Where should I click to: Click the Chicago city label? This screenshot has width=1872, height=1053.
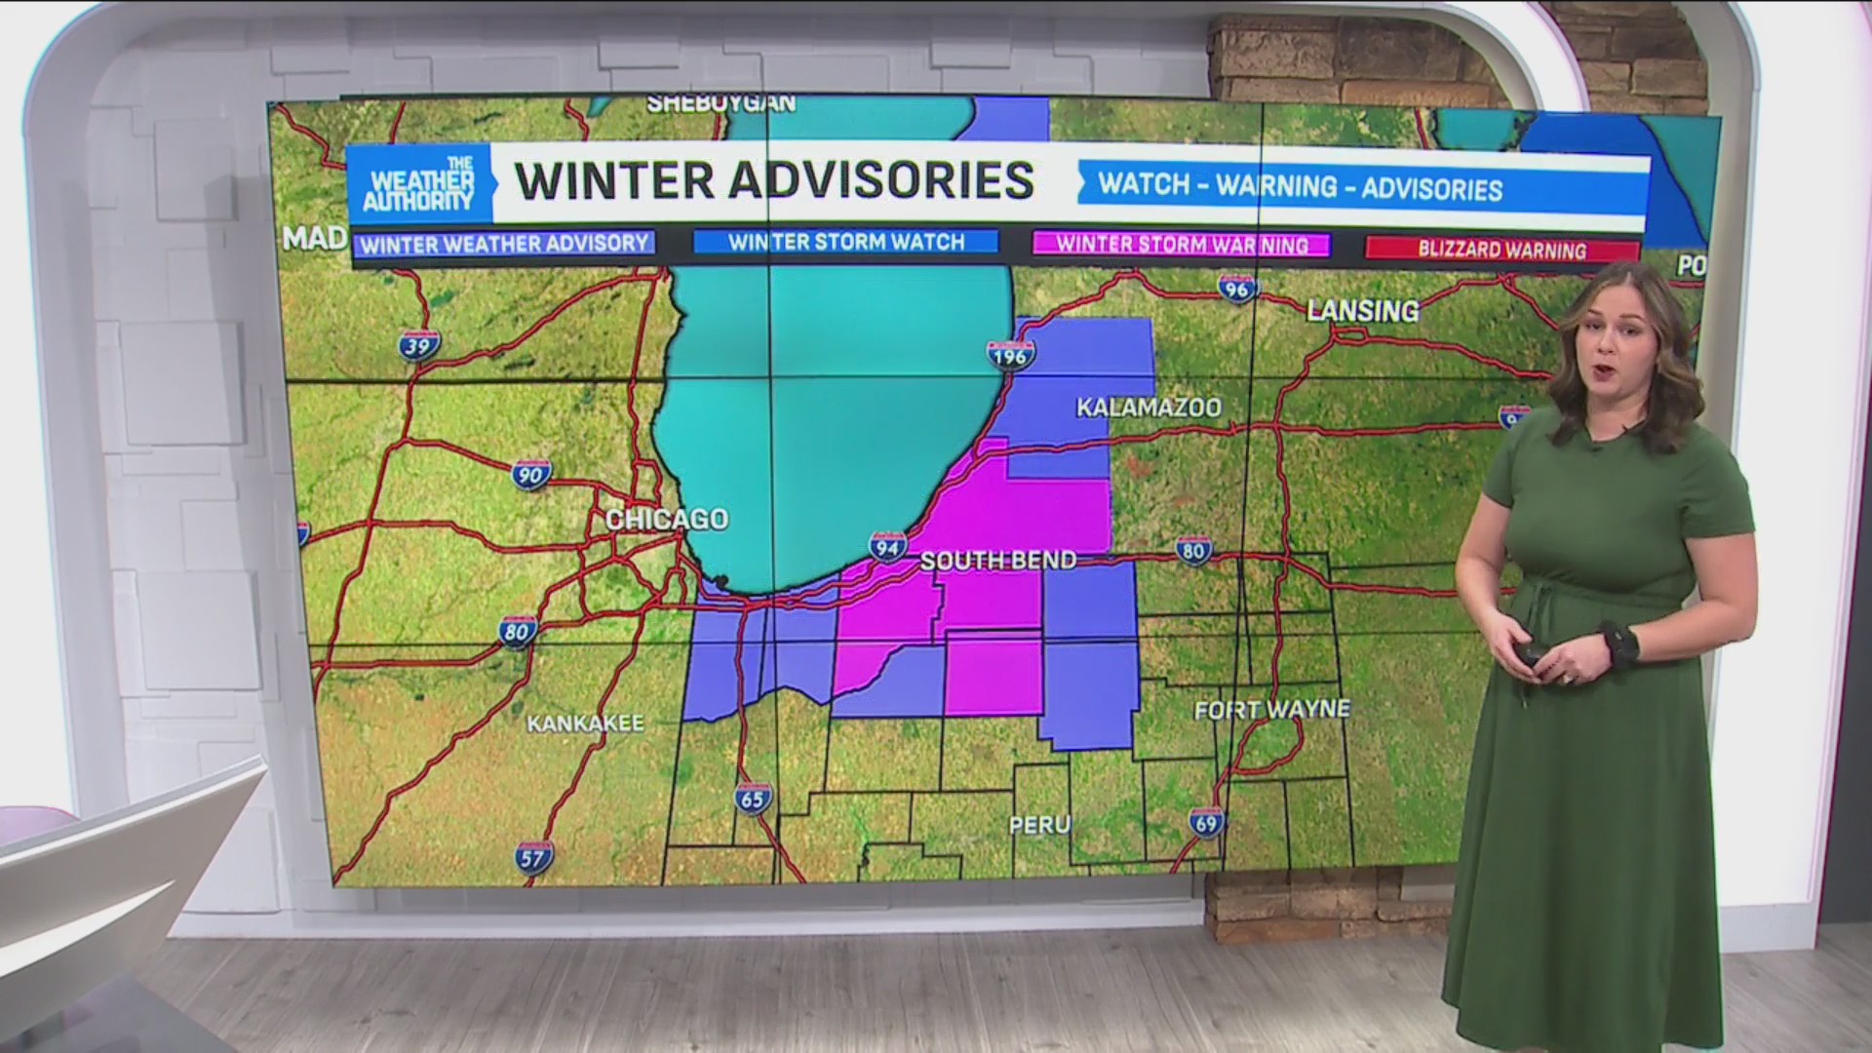pyautogui.click(x=667, y=519)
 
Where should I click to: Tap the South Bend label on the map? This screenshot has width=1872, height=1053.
pyautogui.click(x=998, y=561)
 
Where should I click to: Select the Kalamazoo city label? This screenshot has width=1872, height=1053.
pyautogui.click(x=1149, y=408)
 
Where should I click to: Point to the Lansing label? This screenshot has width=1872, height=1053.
pyautogui.click(x=1362, y=311)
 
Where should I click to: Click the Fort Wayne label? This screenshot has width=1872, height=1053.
pyautogui.click(x=1272, y=710)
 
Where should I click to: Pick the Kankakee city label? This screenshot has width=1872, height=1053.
pyautogui.click(x=585, y=723)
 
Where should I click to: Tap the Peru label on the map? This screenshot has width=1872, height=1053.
pyautogui.click(x=1039, y=825)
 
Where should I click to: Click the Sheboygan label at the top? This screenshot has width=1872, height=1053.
pyautogui.click(x=721, y=103)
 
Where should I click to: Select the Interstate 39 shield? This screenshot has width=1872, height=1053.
pyautogui.click(x=419, y=345)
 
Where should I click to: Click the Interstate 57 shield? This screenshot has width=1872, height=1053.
pyautogui.click(x=534, y=857)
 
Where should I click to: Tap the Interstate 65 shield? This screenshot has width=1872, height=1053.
pyautogui.click(x=753, y=798)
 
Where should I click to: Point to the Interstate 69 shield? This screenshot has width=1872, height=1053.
pyautogui.click(x=1206, y=823)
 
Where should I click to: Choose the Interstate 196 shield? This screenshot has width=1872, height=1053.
pyautogui.click(x=1010, y=356)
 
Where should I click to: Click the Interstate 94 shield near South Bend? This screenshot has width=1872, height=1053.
pyautogui.click(x=887, y=547)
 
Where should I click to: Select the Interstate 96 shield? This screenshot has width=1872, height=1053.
pyautogui.click(x=1236, y=288)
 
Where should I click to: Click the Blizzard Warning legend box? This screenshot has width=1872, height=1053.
pyautogui.click(x=1501, y=250)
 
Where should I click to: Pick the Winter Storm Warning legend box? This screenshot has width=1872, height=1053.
pyautogui.click(x=1182, y=245)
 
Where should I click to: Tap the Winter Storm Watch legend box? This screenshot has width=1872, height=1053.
pyautogui.click(x=845, y=242)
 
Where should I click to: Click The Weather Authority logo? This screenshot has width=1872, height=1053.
pyautogui.click(x=419, y=184)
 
